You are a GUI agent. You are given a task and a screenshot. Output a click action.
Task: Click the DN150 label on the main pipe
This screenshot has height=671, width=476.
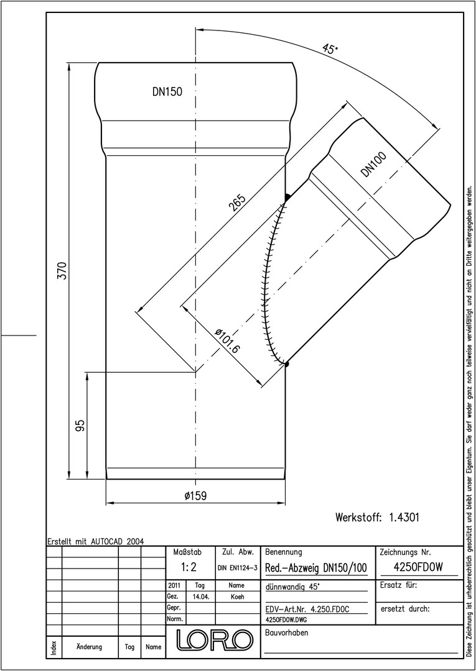point(167,91)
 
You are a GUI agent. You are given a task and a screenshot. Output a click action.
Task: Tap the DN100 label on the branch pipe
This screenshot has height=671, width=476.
point(373,164)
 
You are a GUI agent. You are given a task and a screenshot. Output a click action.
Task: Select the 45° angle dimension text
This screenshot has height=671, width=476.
point(330,49)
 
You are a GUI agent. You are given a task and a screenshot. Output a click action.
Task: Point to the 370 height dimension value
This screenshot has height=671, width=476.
point(63,270)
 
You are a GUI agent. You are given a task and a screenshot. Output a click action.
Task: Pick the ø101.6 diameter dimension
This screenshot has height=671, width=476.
point(228,340)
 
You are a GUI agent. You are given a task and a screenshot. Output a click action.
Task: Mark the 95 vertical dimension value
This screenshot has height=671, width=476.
point(80,425)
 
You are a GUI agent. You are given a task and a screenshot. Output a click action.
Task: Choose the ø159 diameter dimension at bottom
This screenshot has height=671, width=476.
point(195,496)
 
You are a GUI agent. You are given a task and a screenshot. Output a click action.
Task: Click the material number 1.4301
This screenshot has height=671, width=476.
point(404,518)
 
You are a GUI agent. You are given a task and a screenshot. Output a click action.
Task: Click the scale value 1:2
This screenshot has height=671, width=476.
point(189,567)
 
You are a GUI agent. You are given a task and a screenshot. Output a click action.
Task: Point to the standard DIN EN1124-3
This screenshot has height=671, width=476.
point(237,568)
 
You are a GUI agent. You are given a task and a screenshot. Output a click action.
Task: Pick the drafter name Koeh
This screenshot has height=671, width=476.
point(237,596)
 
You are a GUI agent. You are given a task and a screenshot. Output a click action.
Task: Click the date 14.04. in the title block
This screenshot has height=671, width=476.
point(202,596)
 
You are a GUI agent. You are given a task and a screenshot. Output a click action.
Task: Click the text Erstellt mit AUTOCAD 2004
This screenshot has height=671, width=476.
point(96,541)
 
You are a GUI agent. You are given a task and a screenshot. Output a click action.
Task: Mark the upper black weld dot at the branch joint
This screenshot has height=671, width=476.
point(287,197)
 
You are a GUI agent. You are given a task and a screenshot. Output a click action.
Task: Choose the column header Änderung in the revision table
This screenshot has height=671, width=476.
point(89,647)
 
